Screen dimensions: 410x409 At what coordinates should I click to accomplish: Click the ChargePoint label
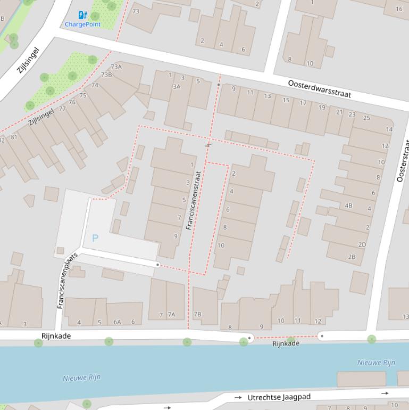82,24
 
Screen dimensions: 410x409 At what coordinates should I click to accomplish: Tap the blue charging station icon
82,15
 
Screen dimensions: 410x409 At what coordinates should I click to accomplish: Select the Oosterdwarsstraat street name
320,88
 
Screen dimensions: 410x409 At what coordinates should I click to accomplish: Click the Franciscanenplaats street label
67,281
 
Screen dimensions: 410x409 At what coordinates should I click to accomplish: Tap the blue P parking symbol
95,238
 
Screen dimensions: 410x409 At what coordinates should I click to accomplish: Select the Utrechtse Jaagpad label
279,397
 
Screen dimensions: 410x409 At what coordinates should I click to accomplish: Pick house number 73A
116,67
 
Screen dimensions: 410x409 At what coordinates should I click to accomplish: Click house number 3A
176,86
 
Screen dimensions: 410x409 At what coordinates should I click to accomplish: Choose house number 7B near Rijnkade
197,314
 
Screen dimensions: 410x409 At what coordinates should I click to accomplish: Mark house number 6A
117,322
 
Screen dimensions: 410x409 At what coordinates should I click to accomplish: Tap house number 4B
348,205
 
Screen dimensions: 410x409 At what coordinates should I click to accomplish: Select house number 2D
362,244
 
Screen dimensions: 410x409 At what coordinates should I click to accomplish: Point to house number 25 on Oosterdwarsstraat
366,118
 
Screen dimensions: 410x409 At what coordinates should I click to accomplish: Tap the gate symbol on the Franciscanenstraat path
208,144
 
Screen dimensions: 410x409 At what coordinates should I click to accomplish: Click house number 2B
352,256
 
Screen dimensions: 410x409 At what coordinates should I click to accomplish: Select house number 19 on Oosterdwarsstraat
322,108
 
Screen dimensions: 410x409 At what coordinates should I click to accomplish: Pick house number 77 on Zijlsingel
63,109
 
